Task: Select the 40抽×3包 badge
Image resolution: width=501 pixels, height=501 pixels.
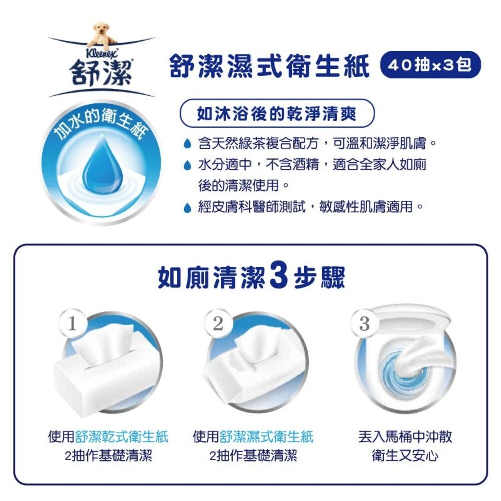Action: [x=430, y=66]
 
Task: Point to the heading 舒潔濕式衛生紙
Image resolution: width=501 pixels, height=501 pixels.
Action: [x=270, y=67]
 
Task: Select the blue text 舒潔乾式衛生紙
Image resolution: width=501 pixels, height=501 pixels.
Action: [x=122, y=437]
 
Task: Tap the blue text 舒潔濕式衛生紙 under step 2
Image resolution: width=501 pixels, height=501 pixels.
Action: [x=266, y=437]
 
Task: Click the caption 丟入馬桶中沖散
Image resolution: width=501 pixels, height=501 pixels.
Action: [x=405, y=437]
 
